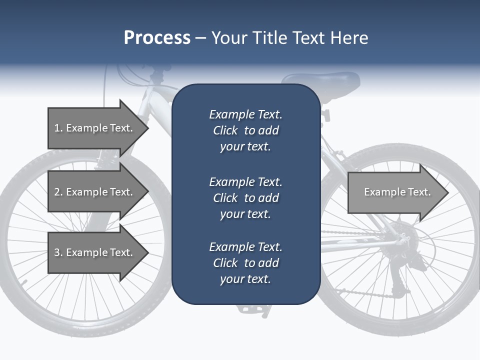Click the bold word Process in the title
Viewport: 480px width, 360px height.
(157, 37)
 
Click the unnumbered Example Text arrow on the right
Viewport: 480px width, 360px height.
(397, 192)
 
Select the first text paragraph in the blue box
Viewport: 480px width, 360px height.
(245, 130)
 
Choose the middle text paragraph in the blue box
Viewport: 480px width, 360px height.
(245, 198)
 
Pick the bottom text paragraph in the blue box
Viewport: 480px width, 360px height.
(245, 263)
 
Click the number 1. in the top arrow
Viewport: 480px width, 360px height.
(58, 128)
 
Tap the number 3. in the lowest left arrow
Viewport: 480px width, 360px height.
(58, 252)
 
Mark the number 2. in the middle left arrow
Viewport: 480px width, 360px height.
(58, 192)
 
